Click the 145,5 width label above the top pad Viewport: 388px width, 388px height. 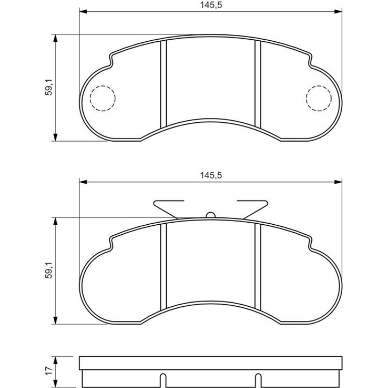211,5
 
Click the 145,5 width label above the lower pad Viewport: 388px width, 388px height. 211,175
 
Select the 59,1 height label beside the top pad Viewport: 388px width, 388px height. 49,88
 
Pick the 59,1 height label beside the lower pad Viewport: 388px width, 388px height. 49,271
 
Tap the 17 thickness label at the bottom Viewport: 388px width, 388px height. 49,370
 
